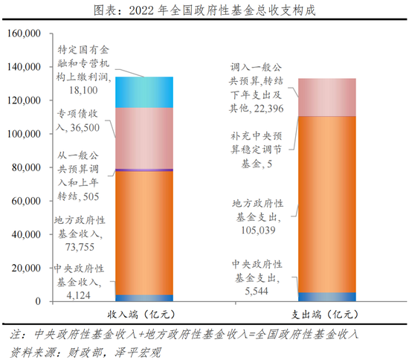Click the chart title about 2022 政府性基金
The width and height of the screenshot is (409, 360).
click(204, 11)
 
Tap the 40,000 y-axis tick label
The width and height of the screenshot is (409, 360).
click(25, 234)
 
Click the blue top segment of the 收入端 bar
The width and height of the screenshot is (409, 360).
click(144, 92)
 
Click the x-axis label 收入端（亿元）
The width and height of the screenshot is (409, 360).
click(144, 314)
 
